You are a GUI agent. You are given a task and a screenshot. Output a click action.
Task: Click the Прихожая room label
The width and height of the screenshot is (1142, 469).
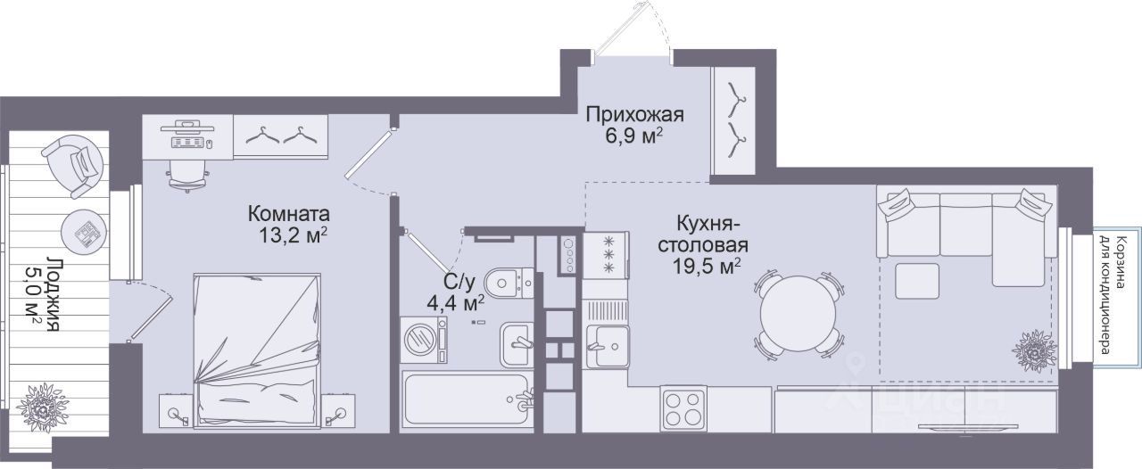tap(634, 115)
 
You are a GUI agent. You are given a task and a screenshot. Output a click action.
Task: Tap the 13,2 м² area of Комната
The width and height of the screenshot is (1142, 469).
tap(293, 235)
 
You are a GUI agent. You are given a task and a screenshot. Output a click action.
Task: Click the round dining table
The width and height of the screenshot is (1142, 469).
tap(798, 314)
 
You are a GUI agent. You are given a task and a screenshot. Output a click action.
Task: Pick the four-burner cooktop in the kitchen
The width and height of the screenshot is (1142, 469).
tap(683, 409)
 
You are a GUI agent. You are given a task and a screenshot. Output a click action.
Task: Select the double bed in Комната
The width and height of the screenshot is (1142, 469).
tap(258, 350)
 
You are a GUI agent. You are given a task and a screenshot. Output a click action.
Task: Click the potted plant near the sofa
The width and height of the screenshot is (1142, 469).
tap(1034, 351)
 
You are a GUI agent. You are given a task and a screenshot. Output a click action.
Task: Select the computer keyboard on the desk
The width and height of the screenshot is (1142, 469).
tap(187, 143)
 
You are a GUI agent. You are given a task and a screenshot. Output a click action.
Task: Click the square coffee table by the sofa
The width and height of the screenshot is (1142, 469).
tap(917, 281)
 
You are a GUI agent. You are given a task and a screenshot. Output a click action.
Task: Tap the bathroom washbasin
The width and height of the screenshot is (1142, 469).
tap(517, 344)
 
